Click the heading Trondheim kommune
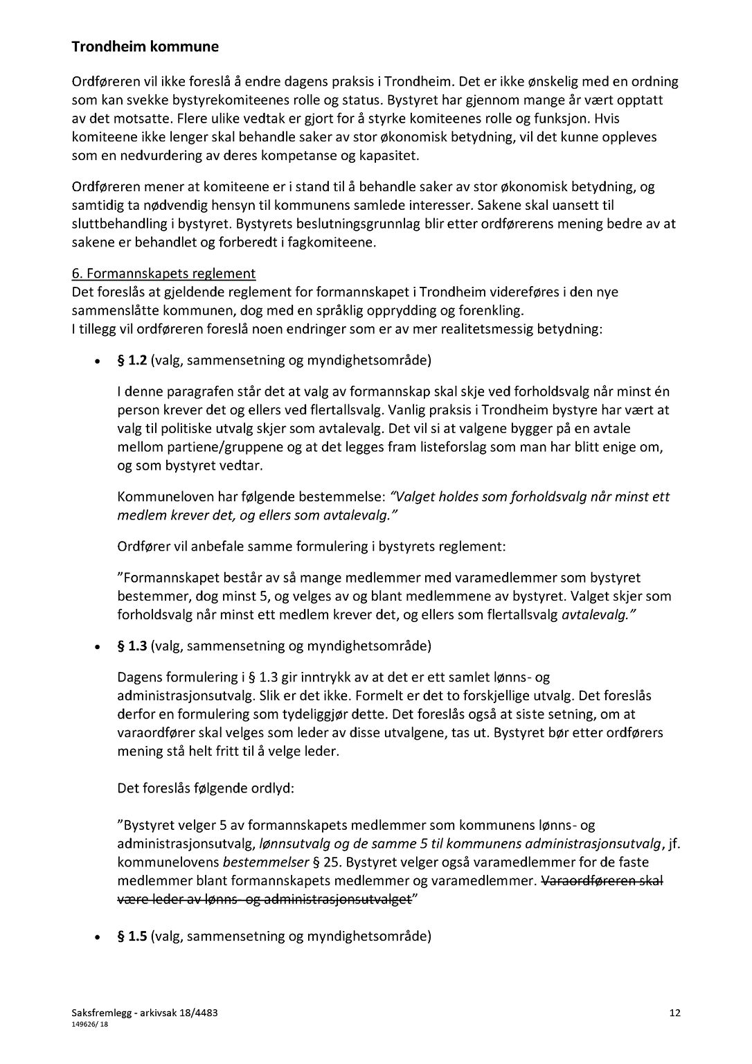click(145, 47)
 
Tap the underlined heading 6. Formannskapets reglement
click(163, 274)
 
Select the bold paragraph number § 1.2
click(132, 360)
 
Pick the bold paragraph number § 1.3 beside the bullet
click(132, 646)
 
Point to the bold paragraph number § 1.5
click(132, 937)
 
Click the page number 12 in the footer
click(675, 1013)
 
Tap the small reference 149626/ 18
click(89, 1025)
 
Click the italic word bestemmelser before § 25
click(265, 862)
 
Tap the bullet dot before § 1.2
click(98, 362)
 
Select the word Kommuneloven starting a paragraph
click(161, 497)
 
